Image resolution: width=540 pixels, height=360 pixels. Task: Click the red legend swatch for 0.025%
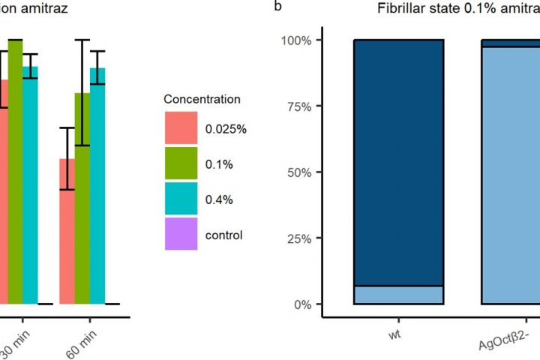pos(181,128)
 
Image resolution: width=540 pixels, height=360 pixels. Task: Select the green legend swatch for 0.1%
pos(181,163)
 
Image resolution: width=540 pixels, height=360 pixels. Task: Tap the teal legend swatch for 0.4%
pos(181,199)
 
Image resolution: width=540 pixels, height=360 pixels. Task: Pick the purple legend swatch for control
pos(181,234)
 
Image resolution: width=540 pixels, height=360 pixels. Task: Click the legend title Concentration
pos(202,99)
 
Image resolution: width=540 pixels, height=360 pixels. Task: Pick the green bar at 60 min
pos(82,198)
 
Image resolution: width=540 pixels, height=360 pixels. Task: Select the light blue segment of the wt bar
pos(398,295)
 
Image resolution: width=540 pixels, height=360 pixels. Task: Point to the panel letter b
pos(279,7)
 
